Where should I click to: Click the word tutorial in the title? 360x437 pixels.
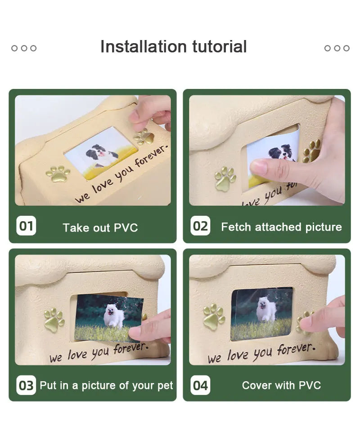point(220,46)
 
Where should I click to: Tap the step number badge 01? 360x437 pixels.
point(26,225)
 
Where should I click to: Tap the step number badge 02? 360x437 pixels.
point(200,225)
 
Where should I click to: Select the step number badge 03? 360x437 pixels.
point(26,385)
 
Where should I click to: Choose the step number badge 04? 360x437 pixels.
point(200,385)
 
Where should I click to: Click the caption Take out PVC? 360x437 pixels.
point(100,227)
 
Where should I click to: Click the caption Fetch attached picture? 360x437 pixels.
point(281,227)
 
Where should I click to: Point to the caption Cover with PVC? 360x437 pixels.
point(281,385)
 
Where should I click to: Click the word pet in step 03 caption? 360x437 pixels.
point(165,386)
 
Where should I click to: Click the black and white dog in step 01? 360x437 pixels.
point(102,155)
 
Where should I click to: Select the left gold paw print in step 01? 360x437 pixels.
point(58,174)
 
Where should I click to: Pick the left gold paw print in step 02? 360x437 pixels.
point(225,179)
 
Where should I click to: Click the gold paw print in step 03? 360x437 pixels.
point(54,321)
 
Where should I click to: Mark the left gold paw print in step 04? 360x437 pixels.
point(214,317)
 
